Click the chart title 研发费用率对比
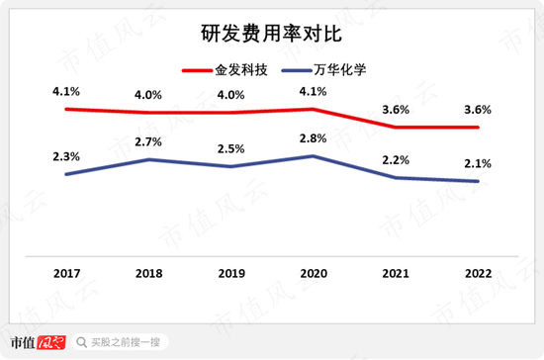click(271, 35)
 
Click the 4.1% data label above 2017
click(65, 92)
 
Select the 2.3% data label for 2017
click(65, 156)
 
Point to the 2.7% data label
click(147, 142)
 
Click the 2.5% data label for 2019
click(230, 149)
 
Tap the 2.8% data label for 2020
click(313, 138)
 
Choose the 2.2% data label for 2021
click(396, 160)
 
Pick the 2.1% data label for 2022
click(478, 163)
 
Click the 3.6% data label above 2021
click(396, 110)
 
